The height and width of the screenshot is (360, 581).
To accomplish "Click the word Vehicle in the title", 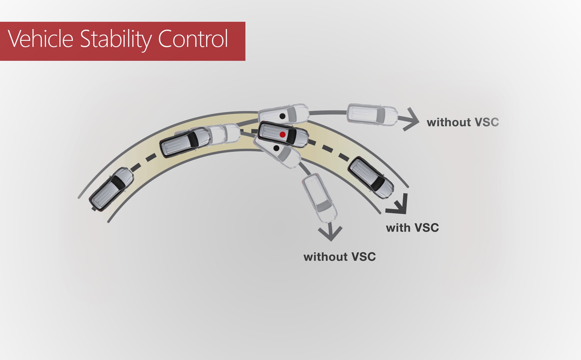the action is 40,39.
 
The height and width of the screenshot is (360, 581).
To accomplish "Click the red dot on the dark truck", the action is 282,135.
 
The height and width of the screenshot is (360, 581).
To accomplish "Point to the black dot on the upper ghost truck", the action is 282,116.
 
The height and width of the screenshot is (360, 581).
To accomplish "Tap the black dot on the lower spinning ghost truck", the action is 276,148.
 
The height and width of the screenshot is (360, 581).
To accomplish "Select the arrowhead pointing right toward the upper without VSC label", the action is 412,119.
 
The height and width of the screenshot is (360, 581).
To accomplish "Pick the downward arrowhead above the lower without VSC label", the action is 330,233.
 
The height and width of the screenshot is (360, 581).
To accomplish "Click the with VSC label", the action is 412,228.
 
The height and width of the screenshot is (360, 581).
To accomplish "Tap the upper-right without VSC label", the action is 463,123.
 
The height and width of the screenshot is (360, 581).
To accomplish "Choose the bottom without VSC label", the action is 340,257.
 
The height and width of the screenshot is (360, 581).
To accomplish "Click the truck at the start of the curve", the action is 111,189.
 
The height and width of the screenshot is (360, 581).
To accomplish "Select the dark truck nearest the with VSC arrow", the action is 371,178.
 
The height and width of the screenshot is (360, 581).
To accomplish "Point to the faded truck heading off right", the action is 373,115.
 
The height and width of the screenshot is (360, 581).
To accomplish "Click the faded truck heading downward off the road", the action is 320,198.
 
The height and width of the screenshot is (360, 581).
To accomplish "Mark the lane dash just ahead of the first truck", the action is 136,167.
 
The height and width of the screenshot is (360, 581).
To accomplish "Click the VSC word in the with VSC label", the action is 426,228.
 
